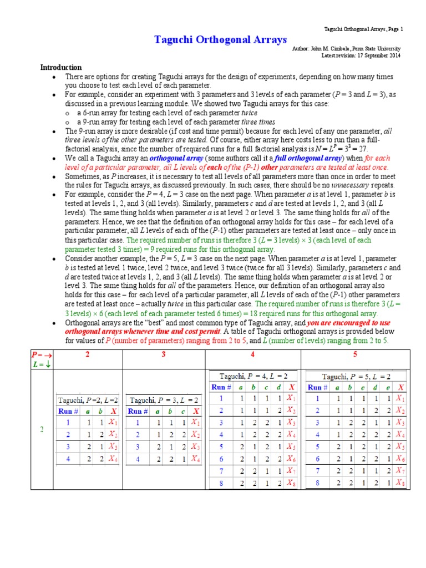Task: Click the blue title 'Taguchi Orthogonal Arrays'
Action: click(220, 39)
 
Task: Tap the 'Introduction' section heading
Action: click(61, 67)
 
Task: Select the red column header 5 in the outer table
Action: click(355, 354)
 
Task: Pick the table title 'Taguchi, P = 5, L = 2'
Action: click(356, 375)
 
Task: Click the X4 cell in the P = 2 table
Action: click(113, 459)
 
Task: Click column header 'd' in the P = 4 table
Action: click(278, 387)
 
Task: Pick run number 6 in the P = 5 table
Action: click(318, 459)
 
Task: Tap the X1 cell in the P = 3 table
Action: click(195, 423)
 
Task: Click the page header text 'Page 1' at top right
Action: click(394, 28)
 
